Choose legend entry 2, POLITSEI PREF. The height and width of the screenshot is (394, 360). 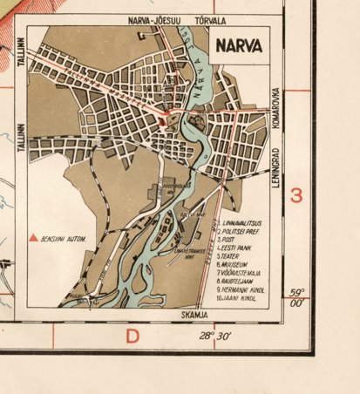244,231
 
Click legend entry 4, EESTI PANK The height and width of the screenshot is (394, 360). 241,247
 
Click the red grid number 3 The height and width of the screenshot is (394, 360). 296,195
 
